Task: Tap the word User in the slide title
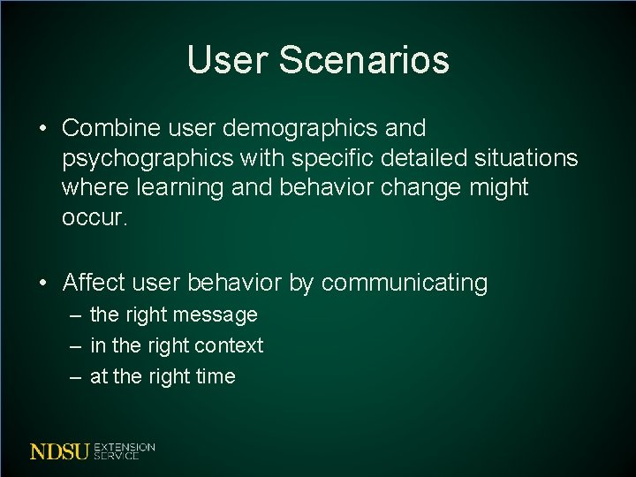coord(229,60)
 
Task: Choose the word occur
coord(95,217)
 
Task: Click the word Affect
coord(95,283)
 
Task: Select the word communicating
coord(405,283)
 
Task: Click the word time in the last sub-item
coord(216,376)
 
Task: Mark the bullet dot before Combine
coord(43,129)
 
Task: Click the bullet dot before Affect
coord(43,284)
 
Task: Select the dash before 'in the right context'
coord(76,345)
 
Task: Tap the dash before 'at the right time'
coord(76,376)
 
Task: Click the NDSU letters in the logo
coord(59,451)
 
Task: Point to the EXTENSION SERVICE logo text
coord(124,451)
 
